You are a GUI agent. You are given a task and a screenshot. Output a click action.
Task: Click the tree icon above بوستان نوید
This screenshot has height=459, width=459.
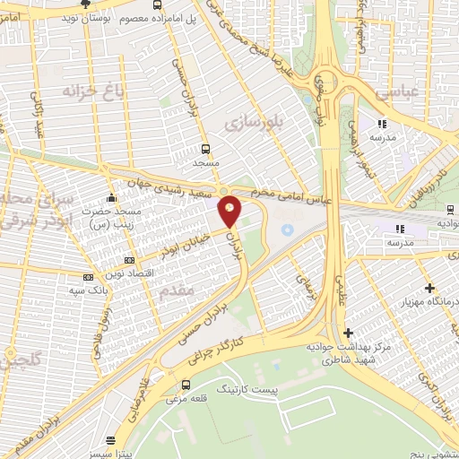pyautogui.click(x=85, y=4)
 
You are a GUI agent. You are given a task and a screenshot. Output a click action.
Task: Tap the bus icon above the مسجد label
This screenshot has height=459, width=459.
pyautogui.click(x=206, y=149)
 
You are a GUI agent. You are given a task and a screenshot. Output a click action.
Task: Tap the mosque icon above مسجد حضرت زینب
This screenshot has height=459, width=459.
pyautogui.click(x=111, y=197)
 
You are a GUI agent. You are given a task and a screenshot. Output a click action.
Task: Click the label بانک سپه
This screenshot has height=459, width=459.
pyautogui.click(x=88, y=290)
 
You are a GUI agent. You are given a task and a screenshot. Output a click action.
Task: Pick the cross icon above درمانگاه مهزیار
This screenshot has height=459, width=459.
pyautogui.click(x=430, y=289)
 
